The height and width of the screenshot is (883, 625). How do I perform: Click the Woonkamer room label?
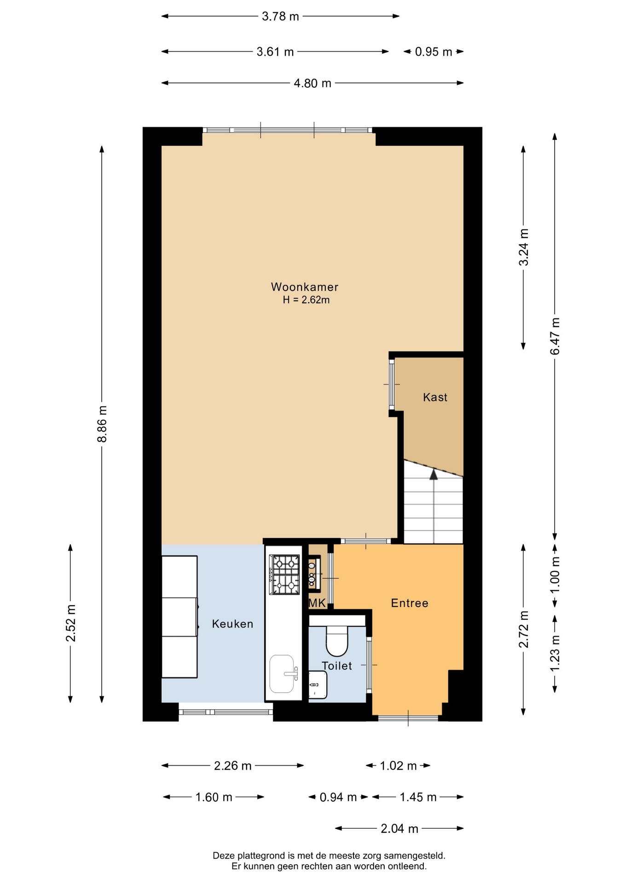point(305,287)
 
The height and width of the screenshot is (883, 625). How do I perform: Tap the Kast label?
point(435,397)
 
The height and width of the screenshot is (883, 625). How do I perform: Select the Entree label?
point(410,603)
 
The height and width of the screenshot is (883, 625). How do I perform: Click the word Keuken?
point(232,624)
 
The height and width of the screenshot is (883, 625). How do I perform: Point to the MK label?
point(317,603)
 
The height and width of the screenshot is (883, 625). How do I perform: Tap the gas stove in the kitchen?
point(284,574)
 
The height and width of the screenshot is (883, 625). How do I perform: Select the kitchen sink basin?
point(282,674)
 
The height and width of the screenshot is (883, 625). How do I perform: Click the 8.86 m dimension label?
point(102,424)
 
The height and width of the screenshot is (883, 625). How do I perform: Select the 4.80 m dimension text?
point(312,83)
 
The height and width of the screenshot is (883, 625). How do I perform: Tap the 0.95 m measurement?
point(434,52)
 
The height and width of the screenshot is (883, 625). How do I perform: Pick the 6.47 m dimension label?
point(555,336)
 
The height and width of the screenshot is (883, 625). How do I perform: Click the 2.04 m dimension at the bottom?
point(399,829)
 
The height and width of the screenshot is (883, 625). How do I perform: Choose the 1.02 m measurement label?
point(398,766)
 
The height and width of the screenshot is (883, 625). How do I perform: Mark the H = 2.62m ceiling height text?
point(306,300)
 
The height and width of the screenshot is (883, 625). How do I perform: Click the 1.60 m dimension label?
point(214,797)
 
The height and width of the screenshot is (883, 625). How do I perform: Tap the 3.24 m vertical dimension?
point(524,247)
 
